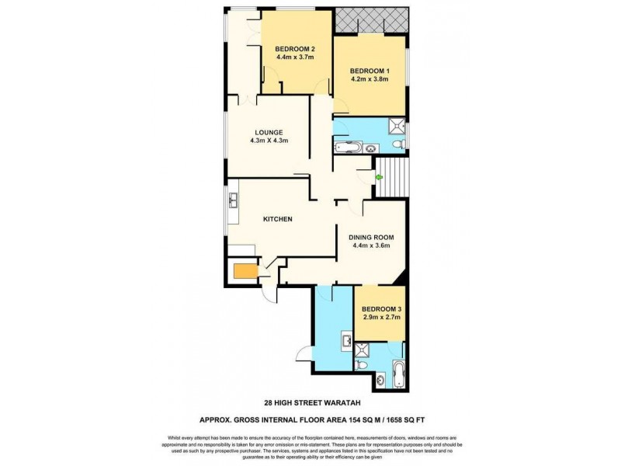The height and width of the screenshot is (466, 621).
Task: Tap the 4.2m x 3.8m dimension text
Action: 369,79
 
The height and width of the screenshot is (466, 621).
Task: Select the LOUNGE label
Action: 269,132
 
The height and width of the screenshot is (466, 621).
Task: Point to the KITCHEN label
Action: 277,219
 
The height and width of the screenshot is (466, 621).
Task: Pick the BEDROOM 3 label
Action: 381,308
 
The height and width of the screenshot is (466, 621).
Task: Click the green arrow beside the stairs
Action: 379,177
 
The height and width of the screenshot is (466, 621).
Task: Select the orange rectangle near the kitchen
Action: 244,271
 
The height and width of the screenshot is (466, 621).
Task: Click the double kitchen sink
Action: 232,202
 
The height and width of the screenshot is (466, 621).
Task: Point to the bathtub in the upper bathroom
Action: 346,146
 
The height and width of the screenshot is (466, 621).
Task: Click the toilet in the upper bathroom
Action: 397,146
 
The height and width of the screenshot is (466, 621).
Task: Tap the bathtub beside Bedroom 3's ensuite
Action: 399,375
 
